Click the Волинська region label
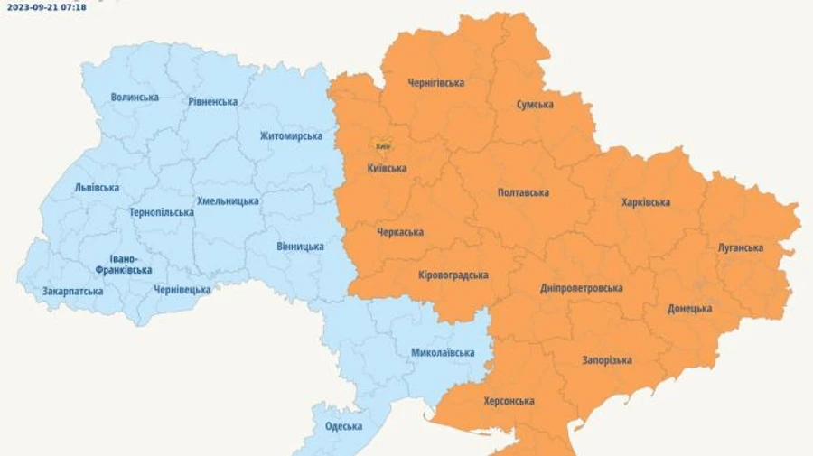click(135, 98)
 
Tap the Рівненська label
click(213, 102)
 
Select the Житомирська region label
click(291, 136)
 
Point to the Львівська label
click(97, 188)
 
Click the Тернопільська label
click(161, 213)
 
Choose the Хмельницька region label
click(228, 201)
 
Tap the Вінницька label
click(301, 247)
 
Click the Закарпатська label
click(72, 292)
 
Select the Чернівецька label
click(182, 290)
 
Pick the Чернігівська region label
click(435, 83)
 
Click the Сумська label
click(535, 105)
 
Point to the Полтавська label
click(523, 192)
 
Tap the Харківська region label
click(646, 202)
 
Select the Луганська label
click(741, 247)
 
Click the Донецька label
click(690, 309)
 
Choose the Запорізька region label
click(606, 360)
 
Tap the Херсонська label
click(509, 401)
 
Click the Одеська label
click(343, 426)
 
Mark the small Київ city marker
click(382, 145)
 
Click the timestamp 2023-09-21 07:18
click(47, 6)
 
